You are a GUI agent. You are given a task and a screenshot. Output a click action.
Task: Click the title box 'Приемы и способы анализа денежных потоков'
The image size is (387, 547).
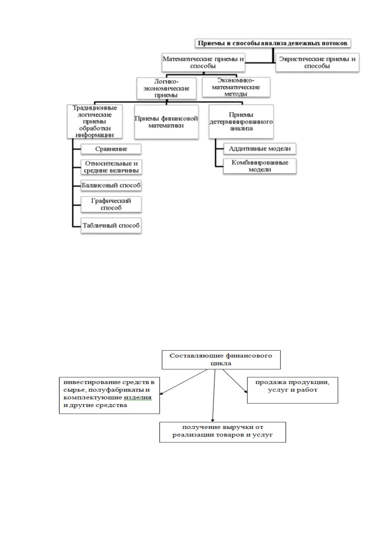point(273,43)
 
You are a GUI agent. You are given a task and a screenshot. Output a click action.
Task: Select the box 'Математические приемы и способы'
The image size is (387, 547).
point(203,62)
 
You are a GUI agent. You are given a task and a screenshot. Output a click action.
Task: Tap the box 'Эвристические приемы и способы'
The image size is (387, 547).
point(317,62)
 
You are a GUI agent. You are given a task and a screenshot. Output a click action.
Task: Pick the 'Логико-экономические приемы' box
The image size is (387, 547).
point(166,88)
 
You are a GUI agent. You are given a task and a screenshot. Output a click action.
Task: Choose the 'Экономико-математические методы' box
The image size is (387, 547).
point(236,87)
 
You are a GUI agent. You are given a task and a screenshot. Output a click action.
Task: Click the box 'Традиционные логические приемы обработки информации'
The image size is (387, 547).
point(95,121)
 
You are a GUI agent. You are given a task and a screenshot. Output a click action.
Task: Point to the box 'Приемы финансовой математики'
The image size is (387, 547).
point(166,122)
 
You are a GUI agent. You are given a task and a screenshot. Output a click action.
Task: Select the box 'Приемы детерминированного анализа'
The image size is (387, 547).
point(241,121)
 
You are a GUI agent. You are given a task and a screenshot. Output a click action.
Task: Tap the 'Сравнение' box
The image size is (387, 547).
point(111,149)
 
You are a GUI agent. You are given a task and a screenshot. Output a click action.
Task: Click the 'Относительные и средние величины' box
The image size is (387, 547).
point(111,167)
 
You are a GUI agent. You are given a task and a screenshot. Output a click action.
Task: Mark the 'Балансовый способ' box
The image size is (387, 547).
point(111,185)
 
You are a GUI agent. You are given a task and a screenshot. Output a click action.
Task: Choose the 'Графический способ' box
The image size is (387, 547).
point(111,204)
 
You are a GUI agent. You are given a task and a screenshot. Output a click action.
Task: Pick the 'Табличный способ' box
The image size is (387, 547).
point(111,225)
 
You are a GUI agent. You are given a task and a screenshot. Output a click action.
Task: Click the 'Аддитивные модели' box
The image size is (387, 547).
point(260,149)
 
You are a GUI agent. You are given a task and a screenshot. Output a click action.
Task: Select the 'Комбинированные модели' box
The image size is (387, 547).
point(260,166)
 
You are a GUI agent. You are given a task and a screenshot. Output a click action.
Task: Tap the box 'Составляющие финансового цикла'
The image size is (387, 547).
point(221,360)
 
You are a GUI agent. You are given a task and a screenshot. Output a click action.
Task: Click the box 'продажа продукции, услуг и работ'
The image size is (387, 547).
point(292,390)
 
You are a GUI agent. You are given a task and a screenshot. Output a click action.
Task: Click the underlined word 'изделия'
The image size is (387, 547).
point(137,398)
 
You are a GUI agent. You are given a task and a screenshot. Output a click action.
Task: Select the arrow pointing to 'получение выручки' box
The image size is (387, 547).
point(214,396)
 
